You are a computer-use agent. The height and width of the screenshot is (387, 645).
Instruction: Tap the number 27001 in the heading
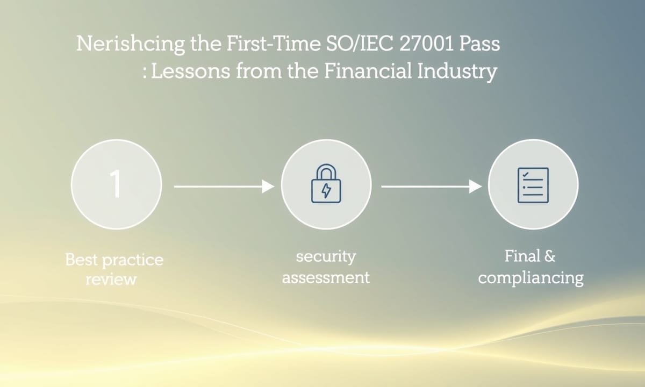pyautogui.click(x=426, y=44)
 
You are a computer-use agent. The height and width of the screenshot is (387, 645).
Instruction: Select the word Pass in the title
pyautogui.click(x=479, y=44)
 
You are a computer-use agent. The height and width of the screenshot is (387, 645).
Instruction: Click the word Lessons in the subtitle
pyautogui.click(x=191, y=71)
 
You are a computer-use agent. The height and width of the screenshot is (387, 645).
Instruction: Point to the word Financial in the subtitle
pyautogui.click(x=368, y=70)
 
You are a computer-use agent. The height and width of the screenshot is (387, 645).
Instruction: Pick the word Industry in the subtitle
pyautogui.click(x=457, y=71)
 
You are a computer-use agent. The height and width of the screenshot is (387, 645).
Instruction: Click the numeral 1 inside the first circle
pyautogui.click(x=116, y=183)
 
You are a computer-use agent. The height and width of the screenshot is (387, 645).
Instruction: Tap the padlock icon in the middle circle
pyautogui.click(x=326, y=183)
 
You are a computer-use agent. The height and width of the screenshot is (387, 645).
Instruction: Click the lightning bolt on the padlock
pyautogui.click(x=326, y=190)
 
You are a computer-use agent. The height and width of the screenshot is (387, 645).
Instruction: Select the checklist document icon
pyautogui.click(x=533, y=185)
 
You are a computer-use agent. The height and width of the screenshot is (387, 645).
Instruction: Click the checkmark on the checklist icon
pyautogui.click(x=525, y=174)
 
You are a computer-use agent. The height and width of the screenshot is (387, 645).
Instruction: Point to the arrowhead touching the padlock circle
pyautogui.click(x=268, y=187)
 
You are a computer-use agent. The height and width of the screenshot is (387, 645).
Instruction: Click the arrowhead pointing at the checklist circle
pyautogui.click(x=475, y=187)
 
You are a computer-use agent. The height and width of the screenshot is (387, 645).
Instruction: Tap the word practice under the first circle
pyautogui.click(x=133, y=261)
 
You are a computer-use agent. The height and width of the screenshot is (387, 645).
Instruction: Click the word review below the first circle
pyautogui.click(x=111, y=279)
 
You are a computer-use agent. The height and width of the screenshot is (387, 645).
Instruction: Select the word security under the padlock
pyautogui.click(x=326, y=257)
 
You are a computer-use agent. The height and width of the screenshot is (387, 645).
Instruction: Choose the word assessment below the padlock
pyautogui.click(x=326, y=277)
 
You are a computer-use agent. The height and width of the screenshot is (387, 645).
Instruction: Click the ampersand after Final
pyautogui.click(x=549, y=256)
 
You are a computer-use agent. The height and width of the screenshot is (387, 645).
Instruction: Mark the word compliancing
pyautogui.click(x=531, y=278)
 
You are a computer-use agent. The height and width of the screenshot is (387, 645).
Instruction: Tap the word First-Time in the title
pyautogui.click(x=274, y=44)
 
